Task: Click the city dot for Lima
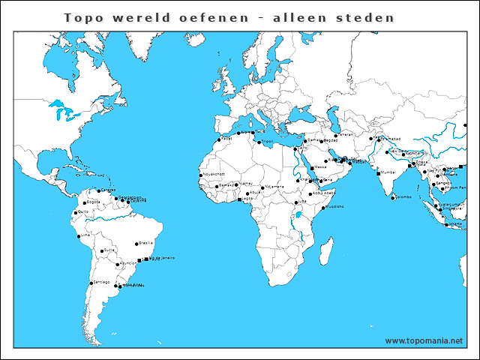pos(78,235)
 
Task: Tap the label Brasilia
pos(146,243)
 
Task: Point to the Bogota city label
pos(92,202)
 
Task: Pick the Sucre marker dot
pos(100,250)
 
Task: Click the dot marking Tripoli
pos(258,142)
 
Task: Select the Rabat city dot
pos(220,139)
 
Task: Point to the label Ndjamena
pos(274,187)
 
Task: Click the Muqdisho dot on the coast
pos(322,208)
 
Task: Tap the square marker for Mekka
pos(312,167)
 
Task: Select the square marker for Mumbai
pos(378,172)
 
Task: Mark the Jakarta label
pos(455,223)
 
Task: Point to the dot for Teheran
pos(335,136)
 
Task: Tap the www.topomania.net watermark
pos(424,340)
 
